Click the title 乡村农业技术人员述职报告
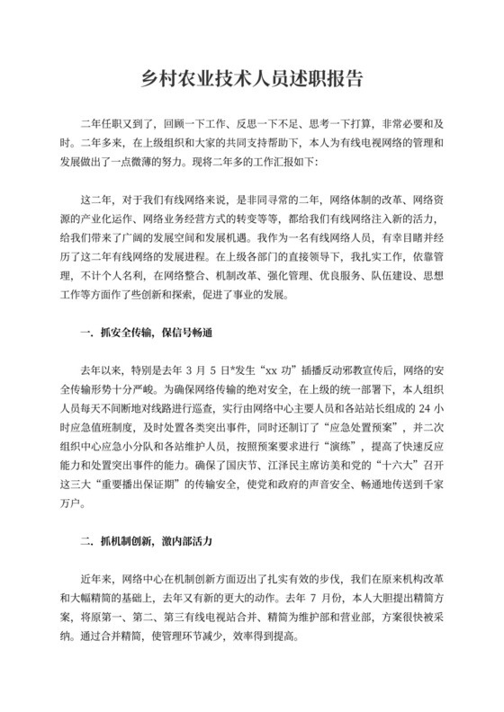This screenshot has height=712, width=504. pos(251,78)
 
